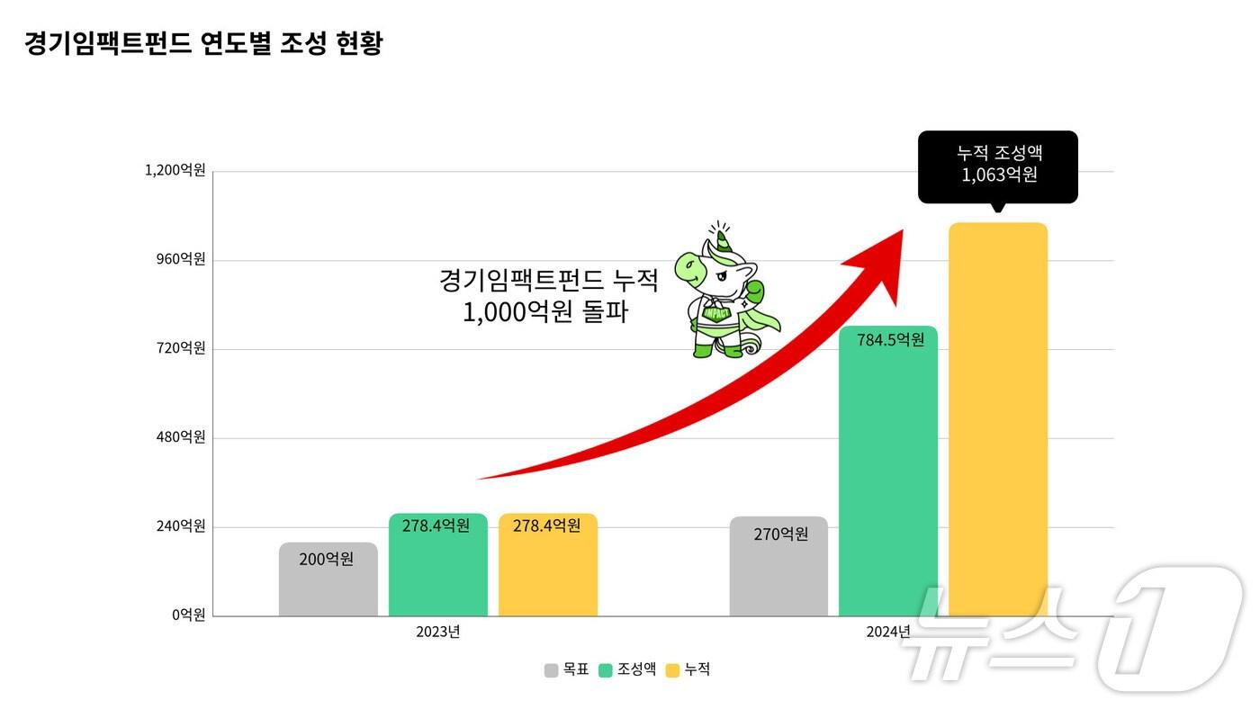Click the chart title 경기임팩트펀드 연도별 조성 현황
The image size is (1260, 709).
[203, 43]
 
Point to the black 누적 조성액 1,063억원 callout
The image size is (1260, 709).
[997, 166]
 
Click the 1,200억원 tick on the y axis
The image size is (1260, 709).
[175, 170]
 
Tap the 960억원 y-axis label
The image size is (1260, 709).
[181, 259]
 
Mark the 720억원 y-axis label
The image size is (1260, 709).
[181, 348]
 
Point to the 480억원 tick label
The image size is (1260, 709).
[181, 437]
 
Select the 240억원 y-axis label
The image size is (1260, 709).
[181, 526]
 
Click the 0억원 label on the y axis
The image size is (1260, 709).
[189, 615]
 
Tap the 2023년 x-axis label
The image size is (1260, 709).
[437, 632]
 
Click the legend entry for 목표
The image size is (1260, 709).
[567, 669]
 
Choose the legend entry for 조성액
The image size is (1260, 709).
[627, 669]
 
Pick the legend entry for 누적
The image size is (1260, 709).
[688, 669]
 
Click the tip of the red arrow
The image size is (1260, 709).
[901, 231]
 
